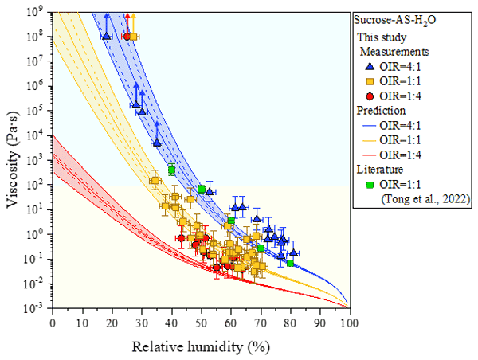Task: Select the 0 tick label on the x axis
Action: point(53,323)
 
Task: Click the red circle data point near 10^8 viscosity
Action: point(127,37)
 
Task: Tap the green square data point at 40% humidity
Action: point(171,170)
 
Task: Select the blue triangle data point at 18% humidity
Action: point(106,36)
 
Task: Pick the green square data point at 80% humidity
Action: point(290,263)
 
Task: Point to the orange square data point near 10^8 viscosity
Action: point(134,37)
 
